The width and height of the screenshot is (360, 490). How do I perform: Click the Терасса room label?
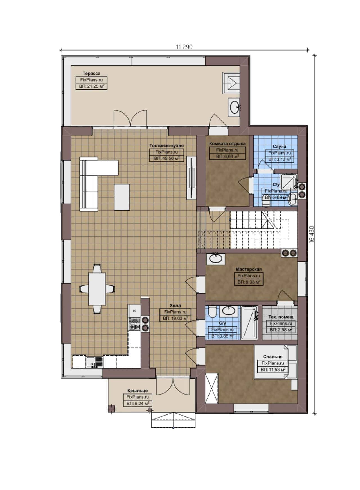coord(91,73)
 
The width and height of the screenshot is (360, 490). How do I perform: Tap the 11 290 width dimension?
coord(184,47)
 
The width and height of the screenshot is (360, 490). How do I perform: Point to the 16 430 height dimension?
coord(311,234)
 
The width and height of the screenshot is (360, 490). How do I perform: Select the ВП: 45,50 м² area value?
coord(167,158)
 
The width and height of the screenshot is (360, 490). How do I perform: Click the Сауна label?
coord(279,147)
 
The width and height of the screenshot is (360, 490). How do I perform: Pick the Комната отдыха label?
coord(227,143)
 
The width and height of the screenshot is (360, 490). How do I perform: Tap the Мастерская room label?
coord(249,269)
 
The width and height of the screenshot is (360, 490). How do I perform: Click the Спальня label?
coord(273,357)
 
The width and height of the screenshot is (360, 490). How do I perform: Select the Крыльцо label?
coord(138,391)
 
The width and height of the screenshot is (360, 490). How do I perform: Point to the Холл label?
coord(175,305)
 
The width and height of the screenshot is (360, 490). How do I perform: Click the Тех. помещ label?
coord(281,317)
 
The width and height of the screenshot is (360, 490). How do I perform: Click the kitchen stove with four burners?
coord(134,324)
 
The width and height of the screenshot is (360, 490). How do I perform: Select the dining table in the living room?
coord(97,289)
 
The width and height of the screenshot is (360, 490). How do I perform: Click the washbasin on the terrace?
coord(234,107)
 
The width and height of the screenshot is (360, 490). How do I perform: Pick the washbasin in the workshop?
coord(216,259)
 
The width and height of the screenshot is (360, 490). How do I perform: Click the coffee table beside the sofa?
coord(122,197)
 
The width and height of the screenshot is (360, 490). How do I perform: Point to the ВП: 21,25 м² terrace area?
coord(91,86)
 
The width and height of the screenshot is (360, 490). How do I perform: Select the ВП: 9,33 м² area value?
coord(249,282)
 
